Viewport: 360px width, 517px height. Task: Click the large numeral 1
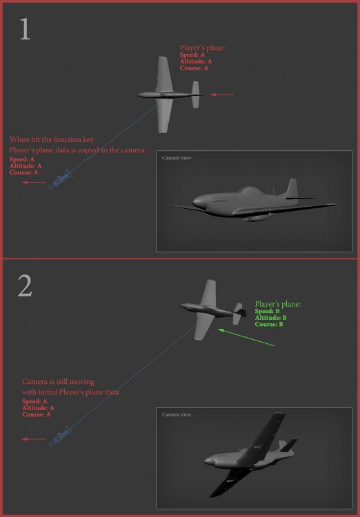[x=25, y=29]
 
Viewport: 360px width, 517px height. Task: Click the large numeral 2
[x=25, y=285]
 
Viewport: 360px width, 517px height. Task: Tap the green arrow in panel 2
[x=246, y=337]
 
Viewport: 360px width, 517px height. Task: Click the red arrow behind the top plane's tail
[x=222, y=94]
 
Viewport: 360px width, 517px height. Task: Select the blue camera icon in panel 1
[x=61, y=180]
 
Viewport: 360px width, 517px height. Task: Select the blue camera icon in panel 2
[x=61, y=436]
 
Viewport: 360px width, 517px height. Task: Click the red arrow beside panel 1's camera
[x=34, y=183]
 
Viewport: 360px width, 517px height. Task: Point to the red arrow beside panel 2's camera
[x=34, y=439]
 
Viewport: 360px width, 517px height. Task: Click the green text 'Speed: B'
[x=267, y=312]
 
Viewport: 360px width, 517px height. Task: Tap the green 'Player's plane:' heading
[x=278, y=304]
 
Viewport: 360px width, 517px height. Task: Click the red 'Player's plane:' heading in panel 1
[x=203, y=48]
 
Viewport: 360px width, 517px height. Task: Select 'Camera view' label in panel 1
[x=176, y=158]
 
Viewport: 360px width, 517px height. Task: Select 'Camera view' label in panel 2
[x=176, y=414]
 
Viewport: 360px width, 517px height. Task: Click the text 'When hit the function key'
[x=52, y=140]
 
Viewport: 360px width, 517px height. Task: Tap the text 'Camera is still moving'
[x=58, y=382]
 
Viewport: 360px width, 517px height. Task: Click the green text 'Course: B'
[x=268, y=325]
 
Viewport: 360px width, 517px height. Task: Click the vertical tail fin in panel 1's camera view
[x=290, y=189]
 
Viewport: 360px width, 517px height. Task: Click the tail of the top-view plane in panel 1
[x=195, y=94]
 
